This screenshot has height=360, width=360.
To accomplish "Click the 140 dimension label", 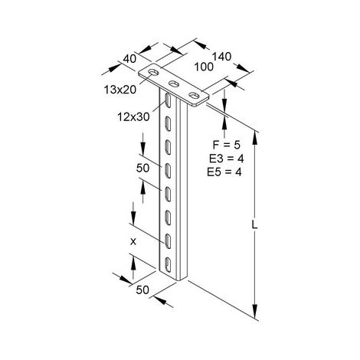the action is click(221, 57).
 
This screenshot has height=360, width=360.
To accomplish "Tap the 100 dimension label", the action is click(204, 67).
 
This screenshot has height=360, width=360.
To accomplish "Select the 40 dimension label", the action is click(129, 59).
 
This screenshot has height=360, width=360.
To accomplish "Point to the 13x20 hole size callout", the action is click(120, 90).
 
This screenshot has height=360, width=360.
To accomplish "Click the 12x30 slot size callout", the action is click(133, 117).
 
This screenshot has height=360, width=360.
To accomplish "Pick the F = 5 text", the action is click(227, 145).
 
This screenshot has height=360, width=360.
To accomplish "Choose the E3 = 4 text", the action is click(227, 159).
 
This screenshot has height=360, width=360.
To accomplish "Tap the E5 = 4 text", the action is click(224, 172).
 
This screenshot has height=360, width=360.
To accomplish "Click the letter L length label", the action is click(254, 225).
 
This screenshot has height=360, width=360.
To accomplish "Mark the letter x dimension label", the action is click(133, 241).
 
